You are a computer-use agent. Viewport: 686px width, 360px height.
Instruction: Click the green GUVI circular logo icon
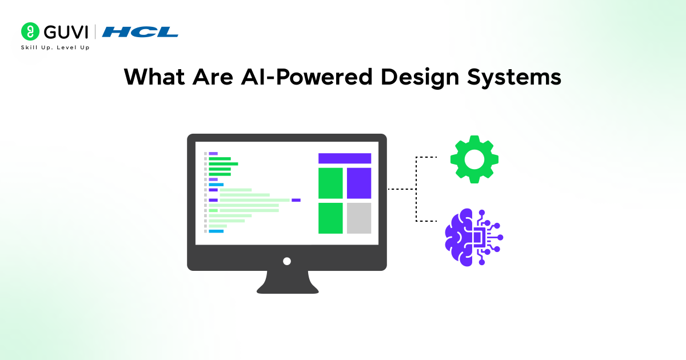tap(30, 31)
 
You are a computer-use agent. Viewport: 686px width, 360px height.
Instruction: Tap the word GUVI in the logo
tap(66, 32)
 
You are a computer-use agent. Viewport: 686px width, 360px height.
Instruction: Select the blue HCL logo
tap(140, 32)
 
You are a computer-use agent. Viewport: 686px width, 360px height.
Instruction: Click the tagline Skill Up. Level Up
tap(55, 47)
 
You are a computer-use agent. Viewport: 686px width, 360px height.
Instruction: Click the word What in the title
tap(154, 77)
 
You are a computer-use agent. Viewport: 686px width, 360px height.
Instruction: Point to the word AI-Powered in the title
tap(307, 77)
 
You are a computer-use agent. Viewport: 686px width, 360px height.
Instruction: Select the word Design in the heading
tap(420, 78)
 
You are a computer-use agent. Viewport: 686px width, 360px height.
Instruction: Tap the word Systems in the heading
tap(514, 78)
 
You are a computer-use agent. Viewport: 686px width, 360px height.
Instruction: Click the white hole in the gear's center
tap(474, 159)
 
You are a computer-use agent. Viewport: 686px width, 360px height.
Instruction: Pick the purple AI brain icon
tap(474, 237)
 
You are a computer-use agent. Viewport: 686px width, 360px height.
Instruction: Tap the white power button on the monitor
tap(287, 261)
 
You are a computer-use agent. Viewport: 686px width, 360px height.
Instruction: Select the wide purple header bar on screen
tap(345, 158)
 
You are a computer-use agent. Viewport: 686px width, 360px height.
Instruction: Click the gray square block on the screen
tap(359, 218)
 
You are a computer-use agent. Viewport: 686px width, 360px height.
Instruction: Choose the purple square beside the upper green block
tap(359, 183)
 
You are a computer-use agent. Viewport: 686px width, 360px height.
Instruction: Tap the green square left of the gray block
tap(330, 218)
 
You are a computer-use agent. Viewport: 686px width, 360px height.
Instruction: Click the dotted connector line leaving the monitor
tap(401, 189)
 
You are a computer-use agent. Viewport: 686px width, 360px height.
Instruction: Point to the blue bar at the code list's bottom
tap(216, 231)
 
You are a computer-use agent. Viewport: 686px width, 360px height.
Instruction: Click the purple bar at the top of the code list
tap(213, 153)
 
